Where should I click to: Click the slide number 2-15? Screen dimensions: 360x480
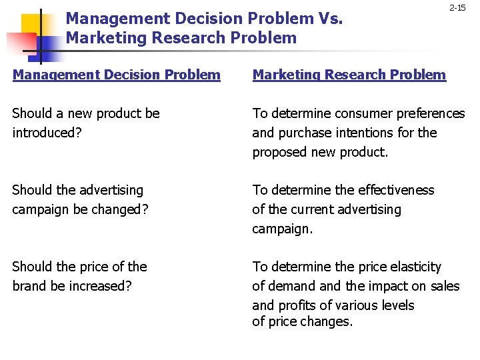click(457, 8)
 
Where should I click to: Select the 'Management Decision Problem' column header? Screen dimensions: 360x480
click(117, 75)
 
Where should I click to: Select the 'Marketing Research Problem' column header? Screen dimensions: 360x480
click(349, 75)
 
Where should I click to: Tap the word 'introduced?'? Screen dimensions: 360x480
click(47, 133)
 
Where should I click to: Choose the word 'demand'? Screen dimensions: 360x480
click(292, 286)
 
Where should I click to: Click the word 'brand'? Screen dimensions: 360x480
click(30, 286)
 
